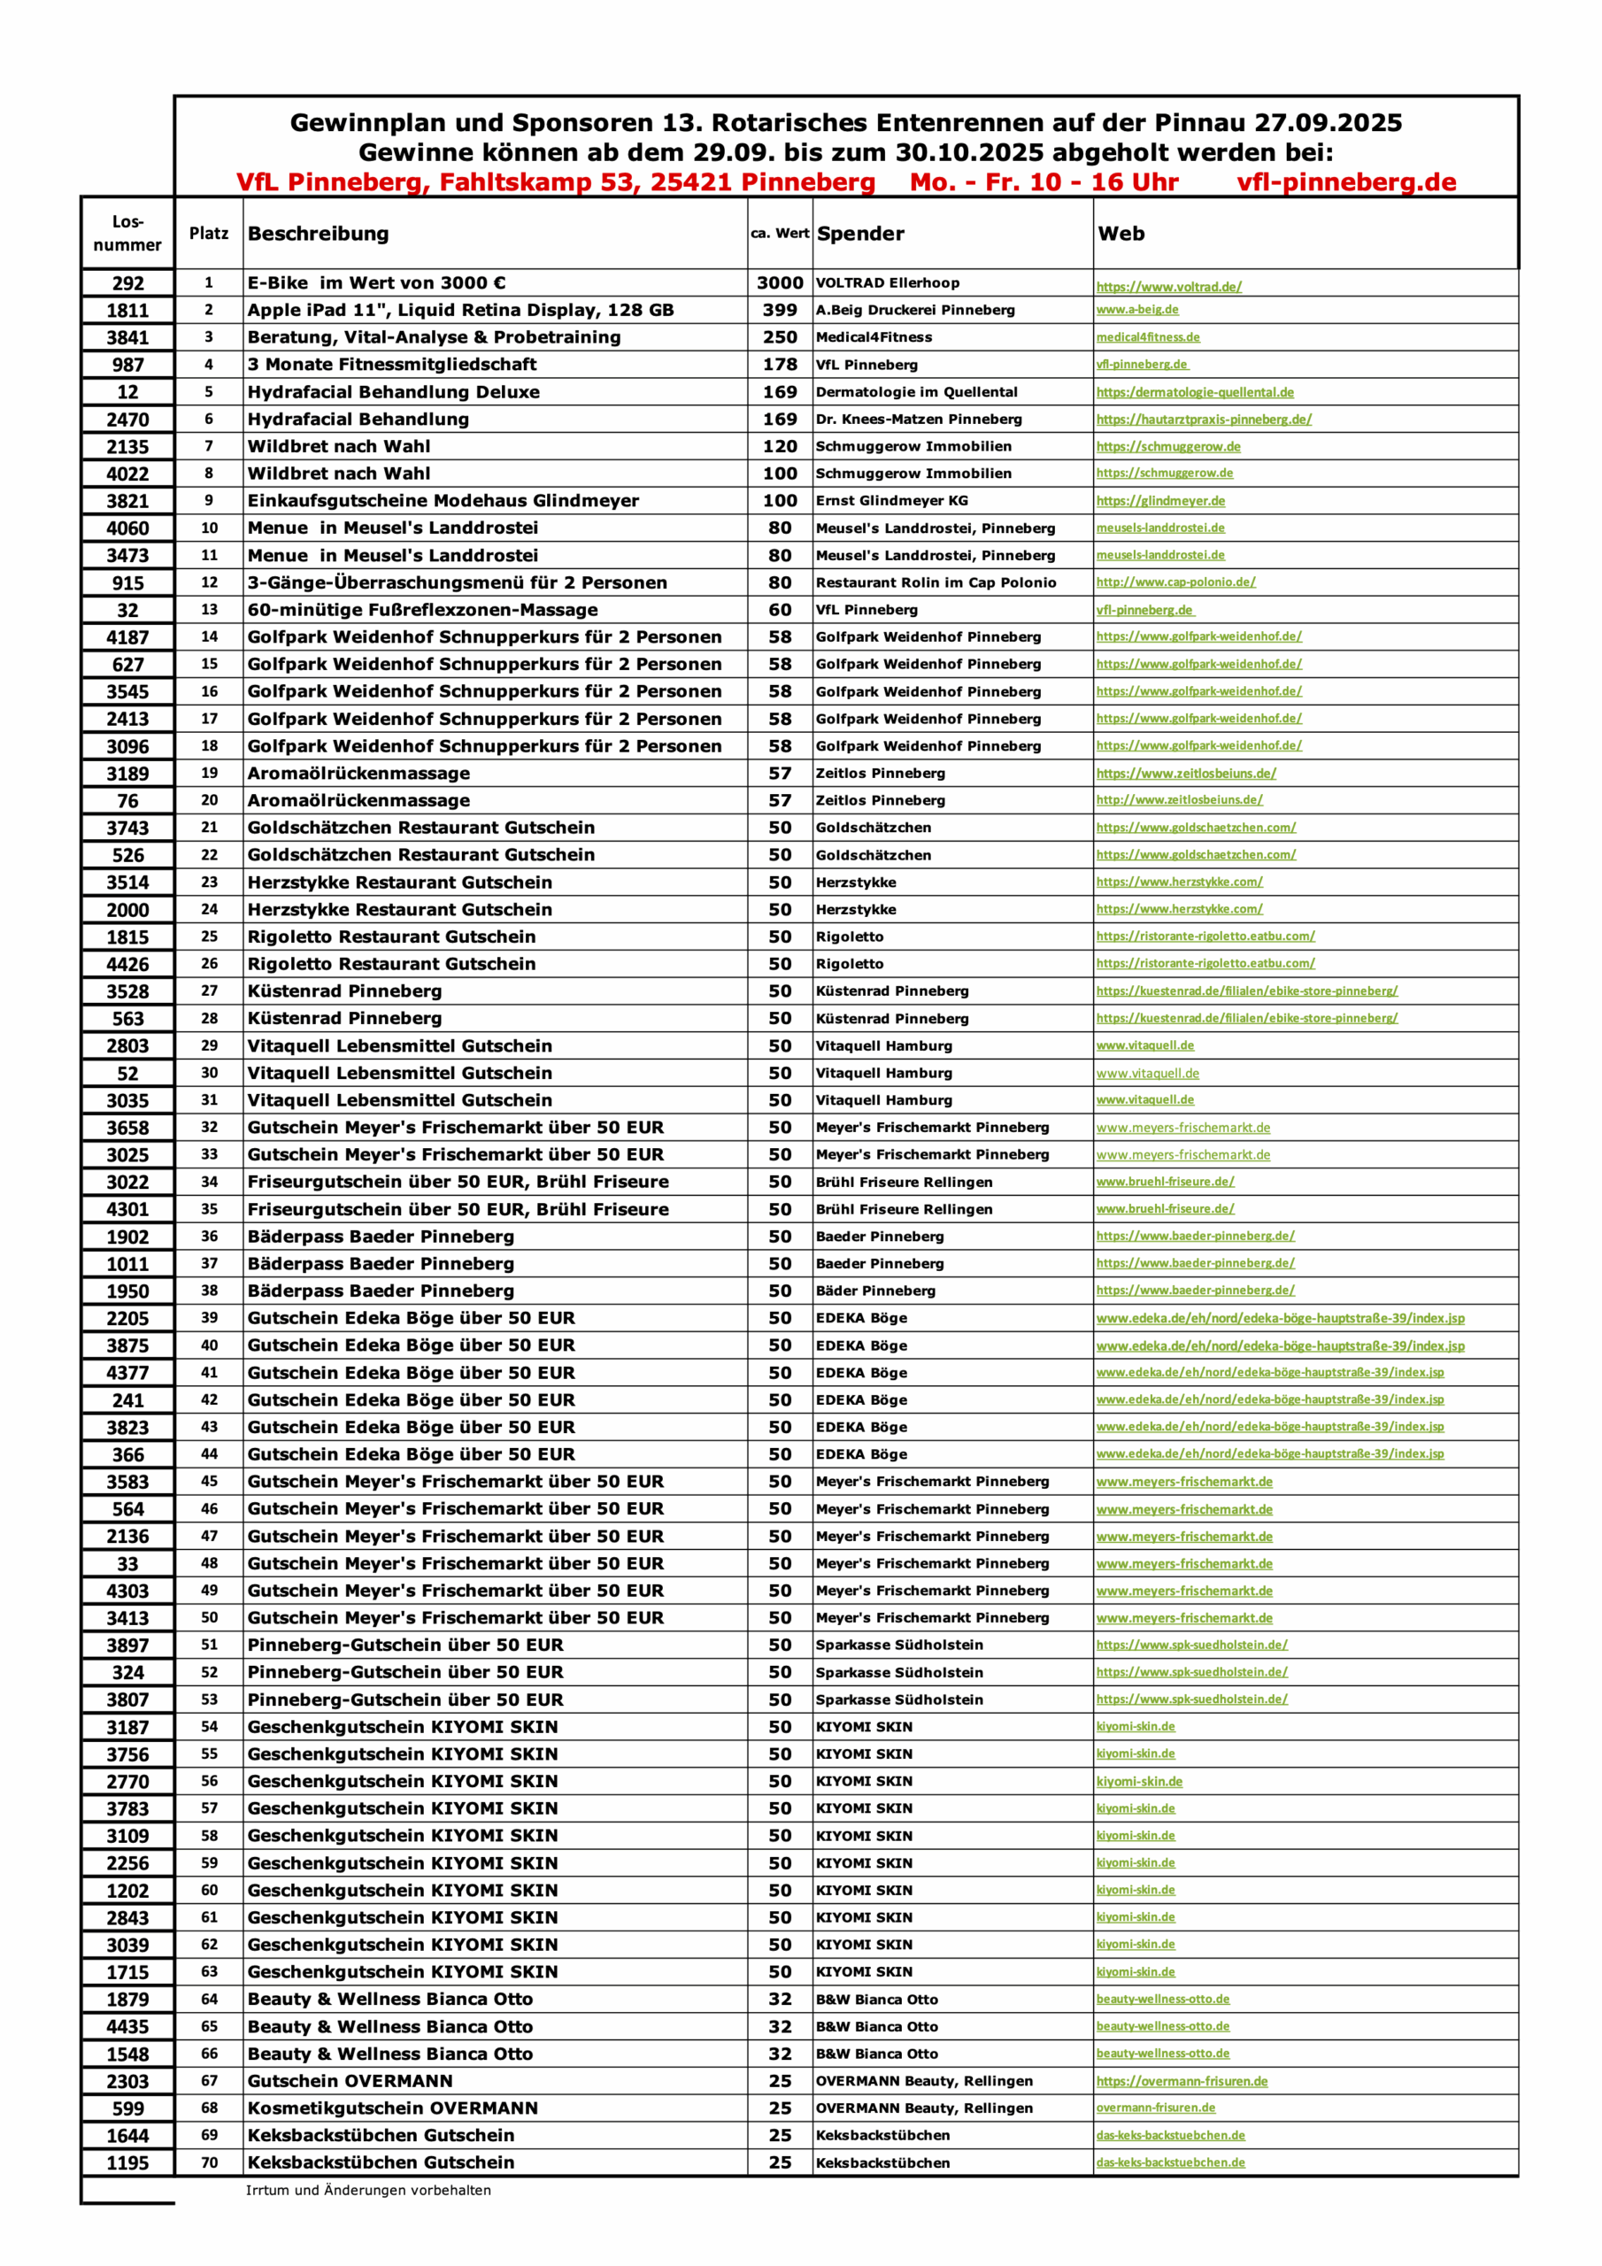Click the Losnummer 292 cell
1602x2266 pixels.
127,283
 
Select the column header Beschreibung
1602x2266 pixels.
318,234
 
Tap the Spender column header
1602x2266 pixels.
859,234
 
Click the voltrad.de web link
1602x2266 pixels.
1168,287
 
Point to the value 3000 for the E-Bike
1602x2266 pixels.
780,283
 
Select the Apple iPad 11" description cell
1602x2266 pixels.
460,310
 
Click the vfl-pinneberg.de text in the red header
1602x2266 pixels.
1346,182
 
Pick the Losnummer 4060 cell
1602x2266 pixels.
127,529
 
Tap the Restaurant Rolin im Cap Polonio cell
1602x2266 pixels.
935,583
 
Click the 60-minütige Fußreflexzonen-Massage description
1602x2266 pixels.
422,610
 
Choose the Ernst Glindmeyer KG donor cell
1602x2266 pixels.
891,501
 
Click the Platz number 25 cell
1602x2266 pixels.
209,936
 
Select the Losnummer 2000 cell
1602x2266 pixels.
127,910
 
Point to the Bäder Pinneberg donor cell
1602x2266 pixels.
875,1291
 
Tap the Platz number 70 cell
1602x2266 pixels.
209,2162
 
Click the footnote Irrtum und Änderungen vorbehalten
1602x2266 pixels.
368,2190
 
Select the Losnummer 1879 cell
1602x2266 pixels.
127,2000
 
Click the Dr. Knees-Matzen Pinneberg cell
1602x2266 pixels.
918,420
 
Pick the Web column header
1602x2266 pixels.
1121,234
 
